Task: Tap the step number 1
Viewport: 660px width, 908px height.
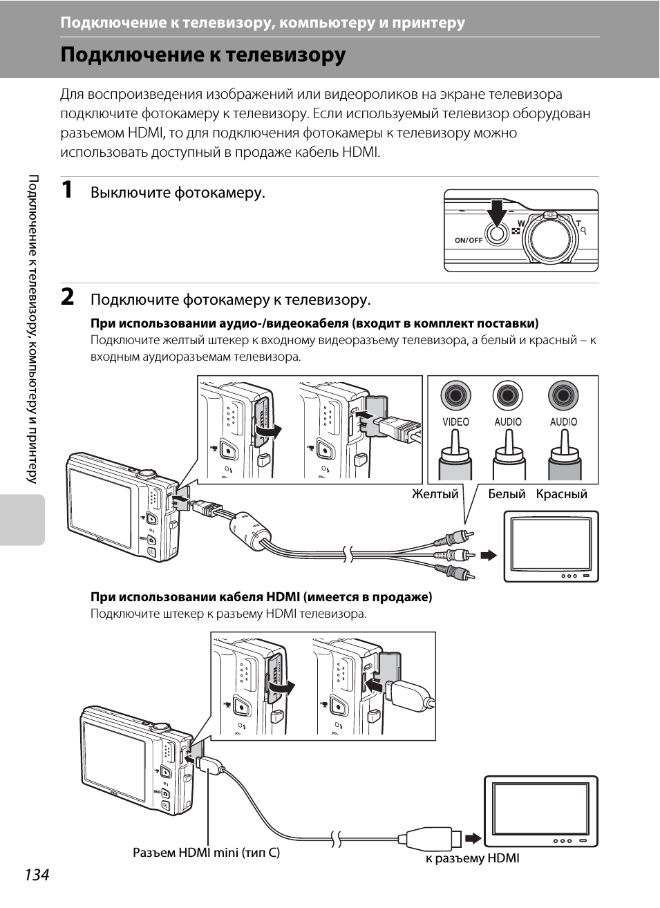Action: [66, 190]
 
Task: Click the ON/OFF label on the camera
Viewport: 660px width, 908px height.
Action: [469, 240]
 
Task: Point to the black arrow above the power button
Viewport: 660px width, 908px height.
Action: [498, 212]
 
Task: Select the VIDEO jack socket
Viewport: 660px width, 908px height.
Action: [455, 395]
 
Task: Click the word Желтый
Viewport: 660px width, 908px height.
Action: [435, 494]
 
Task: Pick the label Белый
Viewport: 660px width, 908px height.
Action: [507, 494]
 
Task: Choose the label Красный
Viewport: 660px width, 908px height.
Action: [561, 495]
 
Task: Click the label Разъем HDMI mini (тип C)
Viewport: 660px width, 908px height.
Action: [207, 853]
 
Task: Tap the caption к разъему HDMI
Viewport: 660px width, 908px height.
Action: [472, 858]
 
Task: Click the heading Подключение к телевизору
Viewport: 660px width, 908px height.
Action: [203, 55]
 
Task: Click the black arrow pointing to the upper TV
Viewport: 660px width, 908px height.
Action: [489, 555]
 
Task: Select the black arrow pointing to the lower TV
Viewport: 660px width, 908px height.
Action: [473, 838]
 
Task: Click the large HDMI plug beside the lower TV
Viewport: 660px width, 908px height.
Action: [430, 838]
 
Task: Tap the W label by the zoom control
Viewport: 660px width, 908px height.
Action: [521, 223]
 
